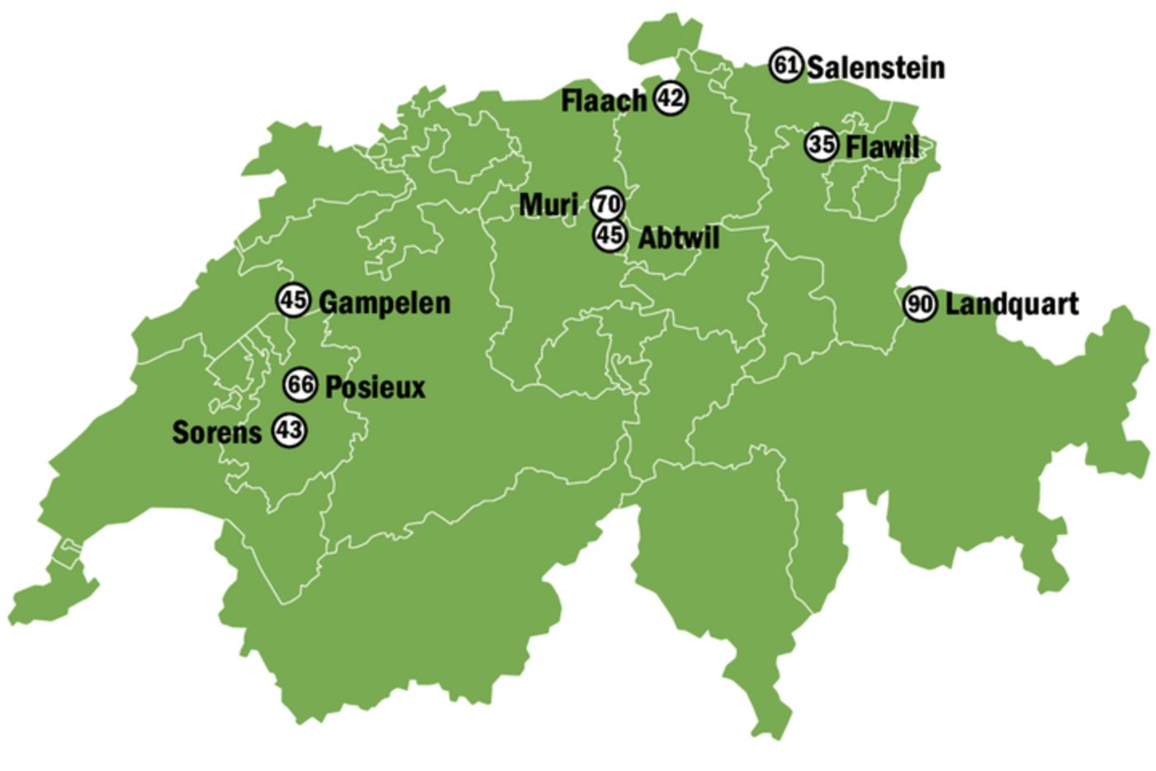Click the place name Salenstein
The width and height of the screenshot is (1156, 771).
(875, 68)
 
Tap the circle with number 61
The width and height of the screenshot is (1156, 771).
(785, 64)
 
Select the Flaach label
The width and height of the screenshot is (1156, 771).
(604, 101)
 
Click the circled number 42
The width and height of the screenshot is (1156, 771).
(670, 98)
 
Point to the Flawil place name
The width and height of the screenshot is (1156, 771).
(882, 147)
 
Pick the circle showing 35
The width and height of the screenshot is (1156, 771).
(822, 144)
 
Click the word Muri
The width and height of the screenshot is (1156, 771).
(548, 204)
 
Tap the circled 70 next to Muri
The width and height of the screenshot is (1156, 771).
(608, 203)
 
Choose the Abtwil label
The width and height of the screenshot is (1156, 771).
(679, 238)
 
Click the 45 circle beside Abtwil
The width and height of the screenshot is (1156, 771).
(609, 235)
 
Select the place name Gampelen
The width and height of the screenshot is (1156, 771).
(385, 302)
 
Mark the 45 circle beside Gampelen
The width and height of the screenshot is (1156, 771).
(293, 300)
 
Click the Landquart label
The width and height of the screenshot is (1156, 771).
(1011, 304)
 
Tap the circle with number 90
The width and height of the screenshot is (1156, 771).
(919, 305)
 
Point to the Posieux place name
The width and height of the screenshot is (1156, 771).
(376, 386)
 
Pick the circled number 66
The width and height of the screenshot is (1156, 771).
(300, 384)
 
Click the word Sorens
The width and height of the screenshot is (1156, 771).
(216, 432)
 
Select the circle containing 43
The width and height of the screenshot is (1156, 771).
(289, 429)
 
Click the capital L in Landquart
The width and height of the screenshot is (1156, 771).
(953, 304)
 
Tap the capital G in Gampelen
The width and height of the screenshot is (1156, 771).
(328, 302)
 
